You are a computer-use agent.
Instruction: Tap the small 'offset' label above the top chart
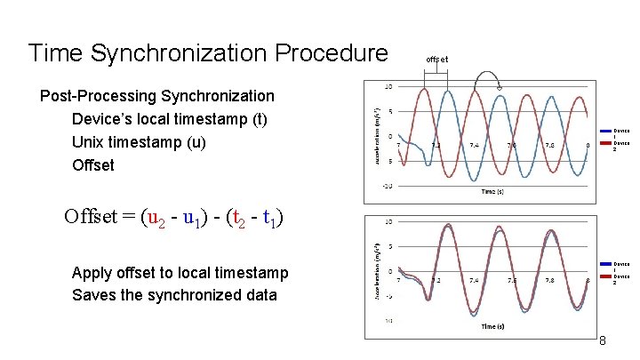[x=436, y=60]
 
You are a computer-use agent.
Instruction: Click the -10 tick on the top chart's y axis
[x=388, y=187]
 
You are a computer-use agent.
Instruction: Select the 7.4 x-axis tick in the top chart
[x=474, y=145]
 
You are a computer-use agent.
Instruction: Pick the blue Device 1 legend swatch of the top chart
[x=605, y=132]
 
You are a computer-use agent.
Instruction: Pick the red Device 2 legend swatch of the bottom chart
[x=605, y=277]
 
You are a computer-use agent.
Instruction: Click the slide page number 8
[x=602, y=341]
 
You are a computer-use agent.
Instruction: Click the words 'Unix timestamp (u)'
[x=138, y=142]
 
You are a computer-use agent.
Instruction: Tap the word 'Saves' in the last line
[x=94, y=295]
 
